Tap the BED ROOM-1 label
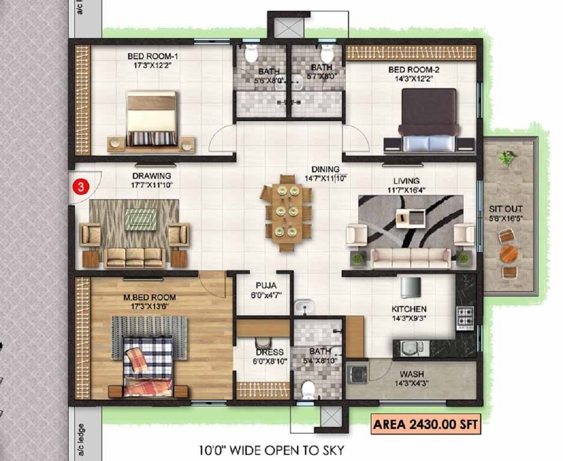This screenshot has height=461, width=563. coord(153,57)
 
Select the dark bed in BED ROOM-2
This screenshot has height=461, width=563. coord(430,119)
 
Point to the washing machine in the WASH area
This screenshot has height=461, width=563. coord(359,374)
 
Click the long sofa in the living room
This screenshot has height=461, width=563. coord(411,258)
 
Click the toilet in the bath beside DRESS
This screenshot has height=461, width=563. coord(309,389)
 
